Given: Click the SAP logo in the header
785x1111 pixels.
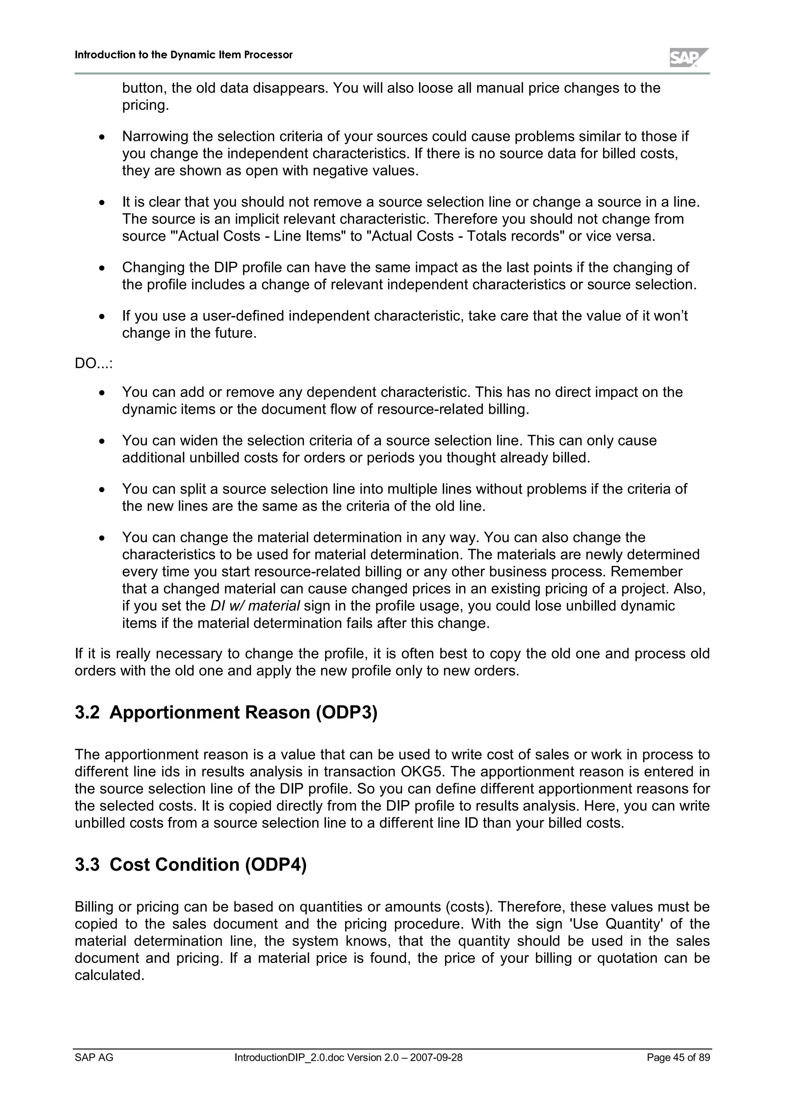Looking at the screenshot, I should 688,58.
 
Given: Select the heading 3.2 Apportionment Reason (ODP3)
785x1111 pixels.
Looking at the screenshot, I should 226,713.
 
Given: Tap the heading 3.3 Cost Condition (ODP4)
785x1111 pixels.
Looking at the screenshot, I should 191,865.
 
